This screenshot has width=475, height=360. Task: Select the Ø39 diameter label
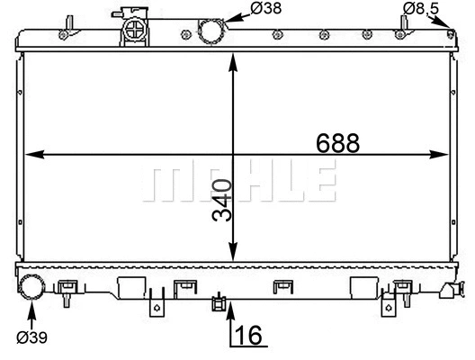(33, 338)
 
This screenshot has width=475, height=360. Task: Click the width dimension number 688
(338, 142)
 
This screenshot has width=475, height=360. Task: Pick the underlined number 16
(251, 336)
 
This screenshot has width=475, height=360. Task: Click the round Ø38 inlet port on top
(211, 30)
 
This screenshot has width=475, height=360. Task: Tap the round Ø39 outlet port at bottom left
(33, 288)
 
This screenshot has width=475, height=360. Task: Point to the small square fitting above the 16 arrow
(217, 301)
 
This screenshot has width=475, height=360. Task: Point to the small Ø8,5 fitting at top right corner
(451, 33)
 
